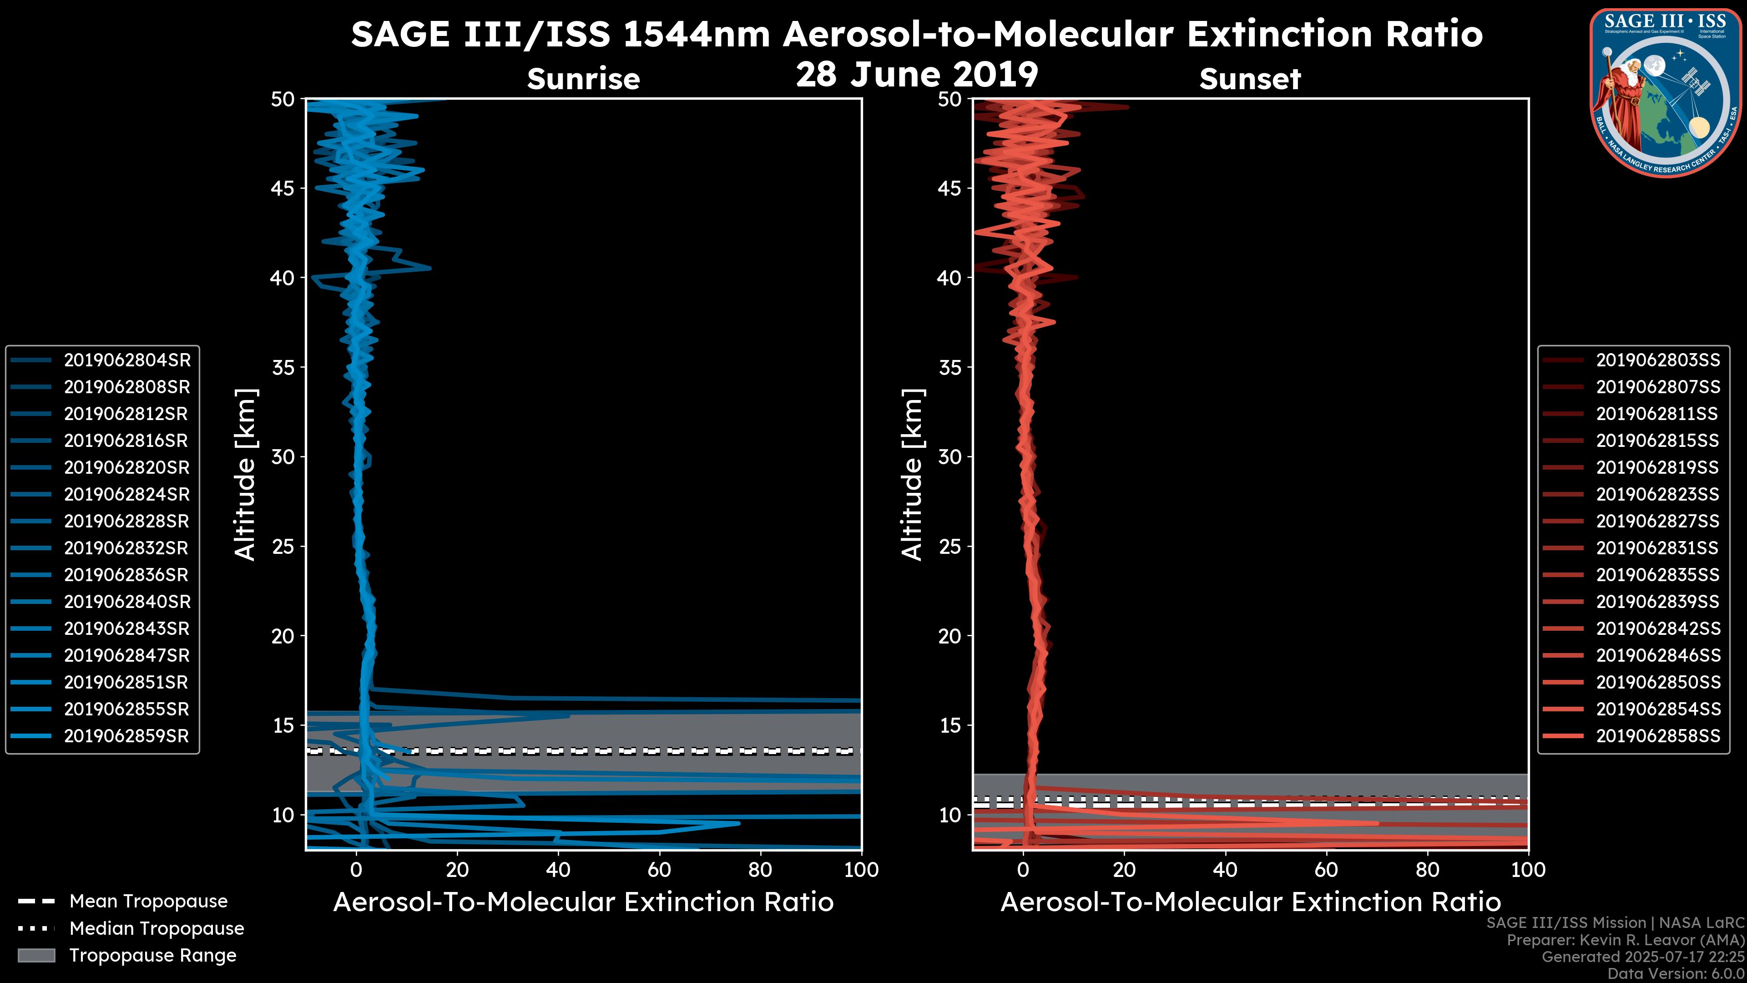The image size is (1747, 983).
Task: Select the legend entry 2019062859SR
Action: [x=126, y=736]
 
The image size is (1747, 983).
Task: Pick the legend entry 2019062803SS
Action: [x=1657, y=360]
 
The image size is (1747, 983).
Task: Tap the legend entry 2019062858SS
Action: [x=1657, y=736]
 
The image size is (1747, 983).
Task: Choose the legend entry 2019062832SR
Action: [x=126, y=548]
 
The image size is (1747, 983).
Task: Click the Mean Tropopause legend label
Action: [x=148, y=902]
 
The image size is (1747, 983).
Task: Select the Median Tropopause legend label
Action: [x=156, y=929]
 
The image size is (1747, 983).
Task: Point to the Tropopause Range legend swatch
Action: [x=36, y=955]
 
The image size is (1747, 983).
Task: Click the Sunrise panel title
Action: [x=583, y=79]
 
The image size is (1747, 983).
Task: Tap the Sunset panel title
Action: [x=1250, y=79]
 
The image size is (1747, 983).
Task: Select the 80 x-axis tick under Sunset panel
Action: [x=1428, y=871]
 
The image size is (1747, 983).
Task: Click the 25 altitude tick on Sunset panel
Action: [x=949, y=547]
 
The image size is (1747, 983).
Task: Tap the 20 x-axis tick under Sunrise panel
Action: [x=457, y=871]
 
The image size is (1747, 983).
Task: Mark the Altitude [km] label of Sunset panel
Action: [x=913, y=475]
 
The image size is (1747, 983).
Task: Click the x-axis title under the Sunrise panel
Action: [x=583, y=903]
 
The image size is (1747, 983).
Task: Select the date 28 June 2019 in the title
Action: [x=917, y=75]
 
